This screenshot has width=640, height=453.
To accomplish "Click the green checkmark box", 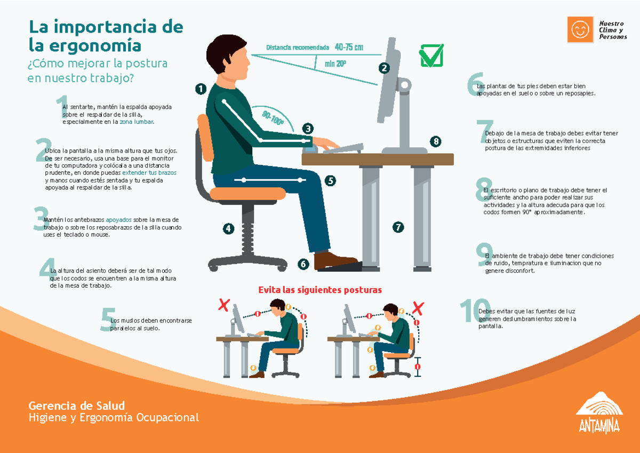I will coord(431,56).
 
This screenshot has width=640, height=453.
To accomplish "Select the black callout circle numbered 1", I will coord(201,89).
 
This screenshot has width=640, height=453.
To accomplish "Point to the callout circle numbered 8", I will coord(436,141).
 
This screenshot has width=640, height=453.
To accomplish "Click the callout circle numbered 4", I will coord(229,228).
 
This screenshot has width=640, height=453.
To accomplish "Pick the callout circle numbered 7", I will coord(398,227).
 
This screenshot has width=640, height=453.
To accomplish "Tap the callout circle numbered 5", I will coord(331,180).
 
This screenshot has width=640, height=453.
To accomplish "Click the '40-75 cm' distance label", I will coord(349,47).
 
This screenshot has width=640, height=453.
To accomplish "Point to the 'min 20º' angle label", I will coord(335,64).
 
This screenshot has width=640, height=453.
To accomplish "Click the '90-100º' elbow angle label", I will coord(273,117).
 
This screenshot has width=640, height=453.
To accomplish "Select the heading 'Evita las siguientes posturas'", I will coord(320,290).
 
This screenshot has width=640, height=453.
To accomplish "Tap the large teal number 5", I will coord(108,320).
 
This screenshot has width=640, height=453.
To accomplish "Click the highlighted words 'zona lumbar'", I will coord(138,122).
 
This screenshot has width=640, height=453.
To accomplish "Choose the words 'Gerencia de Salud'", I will coord(77,405).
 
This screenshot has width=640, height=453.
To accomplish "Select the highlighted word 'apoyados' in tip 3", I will coord(118,219).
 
